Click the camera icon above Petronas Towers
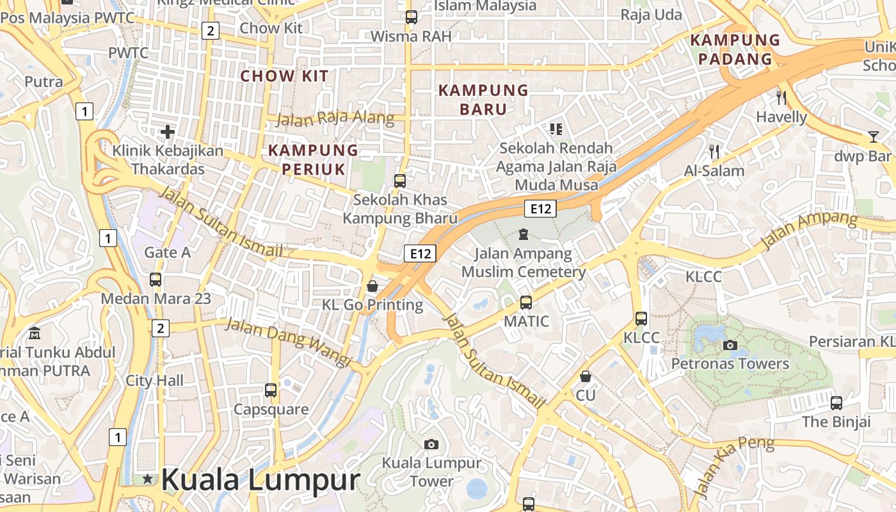[x=730, y=346]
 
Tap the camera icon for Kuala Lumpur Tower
[x=431, y=444]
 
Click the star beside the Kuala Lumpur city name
[x=148, y=479]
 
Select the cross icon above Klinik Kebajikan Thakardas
[x=168, y=132]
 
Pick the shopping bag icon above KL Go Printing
[x=372, y=286]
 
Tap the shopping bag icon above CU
[x=585, y=376]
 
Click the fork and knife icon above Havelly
[x=781, y=98]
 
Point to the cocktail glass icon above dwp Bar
[x=873, y=136]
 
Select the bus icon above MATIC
[x=526, y=302]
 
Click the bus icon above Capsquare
[x=271, y=390]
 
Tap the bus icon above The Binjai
[x=836, y=403]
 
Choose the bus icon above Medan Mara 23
[x=156, y=280]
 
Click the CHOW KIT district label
[x=284, y=76]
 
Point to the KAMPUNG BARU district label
[x=483, y=99]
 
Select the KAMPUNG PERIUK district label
[x=313, y=159]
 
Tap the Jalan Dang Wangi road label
[x=289, y=342]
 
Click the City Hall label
[x=154, y=381]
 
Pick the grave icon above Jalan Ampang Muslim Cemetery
[x=524, y=234]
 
